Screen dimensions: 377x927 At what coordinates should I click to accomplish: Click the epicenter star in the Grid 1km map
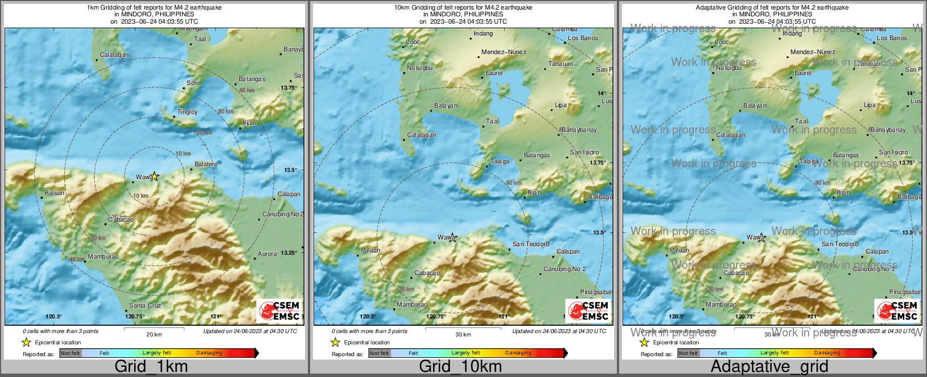pyautogui.click(x=155, y=176)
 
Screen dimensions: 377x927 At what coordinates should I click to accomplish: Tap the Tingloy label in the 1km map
pyautogui.click(x=187, y=112)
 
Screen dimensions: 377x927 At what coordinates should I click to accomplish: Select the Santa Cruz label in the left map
pyautogui.click(x=145, y=305)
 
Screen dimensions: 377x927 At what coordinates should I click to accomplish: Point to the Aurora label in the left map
pyautogui.click(x=267, y=254)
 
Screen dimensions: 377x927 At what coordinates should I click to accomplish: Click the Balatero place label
pyautogui.click(x=206, y=164)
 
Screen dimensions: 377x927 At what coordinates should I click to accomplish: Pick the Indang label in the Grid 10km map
pyautogui.click(x=483, y=33)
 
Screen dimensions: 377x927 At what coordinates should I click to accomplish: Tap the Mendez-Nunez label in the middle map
pyautogui.click(x=504, y=52)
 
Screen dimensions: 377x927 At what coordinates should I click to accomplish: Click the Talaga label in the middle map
pyautogui.click(x=499, y=161)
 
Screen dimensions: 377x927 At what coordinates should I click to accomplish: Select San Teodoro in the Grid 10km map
pyautogui.click(x=530, y=244)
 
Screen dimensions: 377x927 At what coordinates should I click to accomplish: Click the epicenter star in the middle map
pyautogui.click(x=452, y=237)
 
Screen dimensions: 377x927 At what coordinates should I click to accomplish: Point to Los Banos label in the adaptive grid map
pyautogui.click(x=891, y=38)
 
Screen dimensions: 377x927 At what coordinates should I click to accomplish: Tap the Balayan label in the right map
pyautogui.click(x=754, y=105)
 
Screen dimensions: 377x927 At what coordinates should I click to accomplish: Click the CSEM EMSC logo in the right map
pyautogui.click(x=897, y=311)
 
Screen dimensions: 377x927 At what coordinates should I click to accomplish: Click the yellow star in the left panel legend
pyautogui.click(x=26, y=342)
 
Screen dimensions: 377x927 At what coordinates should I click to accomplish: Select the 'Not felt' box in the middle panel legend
pyautogui.click(x=379, y=353)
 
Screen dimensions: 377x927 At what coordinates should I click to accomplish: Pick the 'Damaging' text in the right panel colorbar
pyautogui.click(x=827, y=353)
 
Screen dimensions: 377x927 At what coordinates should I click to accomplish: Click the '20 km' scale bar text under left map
pyautogui.click(x=154, y=334)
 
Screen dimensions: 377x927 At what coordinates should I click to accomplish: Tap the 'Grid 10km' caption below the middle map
pyautogui.click(x=460, y=366)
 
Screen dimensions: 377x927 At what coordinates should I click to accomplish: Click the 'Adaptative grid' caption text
pyautogui.click(x=769, y=366)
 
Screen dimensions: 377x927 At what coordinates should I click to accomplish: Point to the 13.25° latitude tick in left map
pyautogui.click(x=289, y=252)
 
